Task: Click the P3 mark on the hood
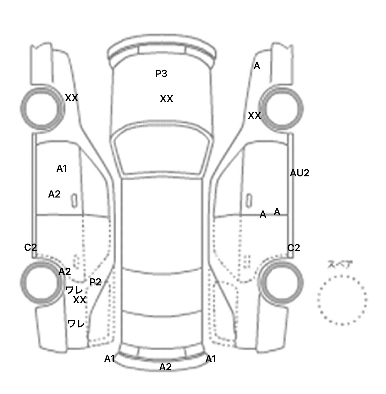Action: click(161, 73)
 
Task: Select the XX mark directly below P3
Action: click(166, 99)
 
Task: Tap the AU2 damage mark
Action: click(299, 173)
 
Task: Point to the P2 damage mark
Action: click(95, 282)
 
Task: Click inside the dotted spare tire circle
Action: click(342, 300)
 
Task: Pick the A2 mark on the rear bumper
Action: click(165, 367)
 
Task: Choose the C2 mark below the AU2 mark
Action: click(294, 248)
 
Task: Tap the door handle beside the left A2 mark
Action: click(74, 201)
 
